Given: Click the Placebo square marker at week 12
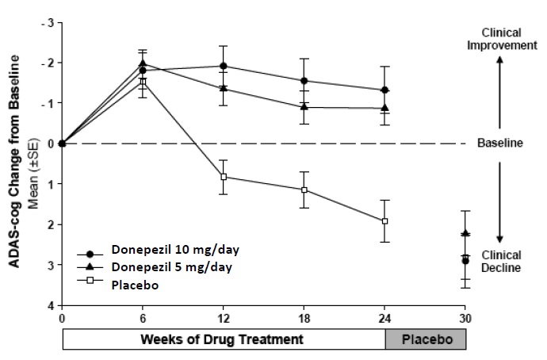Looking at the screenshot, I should click(224, 176).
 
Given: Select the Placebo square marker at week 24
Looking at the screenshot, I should click(384, 220).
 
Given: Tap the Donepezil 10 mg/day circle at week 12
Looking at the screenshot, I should click(224, 66).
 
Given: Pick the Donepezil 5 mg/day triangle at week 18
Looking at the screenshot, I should click(304, 107).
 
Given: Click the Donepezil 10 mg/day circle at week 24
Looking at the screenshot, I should click(384, 90).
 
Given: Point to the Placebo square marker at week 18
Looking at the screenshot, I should click(304, 190).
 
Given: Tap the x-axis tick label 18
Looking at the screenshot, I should click(304, 319).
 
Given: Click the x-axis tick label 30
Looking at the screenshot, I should click(465, 319).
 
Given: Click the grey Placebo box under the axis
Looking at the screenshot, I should click(426, 339).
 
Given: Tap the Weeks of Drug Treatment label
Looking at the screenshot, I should click(224, 339).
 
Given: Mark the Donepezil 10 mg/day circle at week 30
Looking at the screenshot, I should click(465, 260).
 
